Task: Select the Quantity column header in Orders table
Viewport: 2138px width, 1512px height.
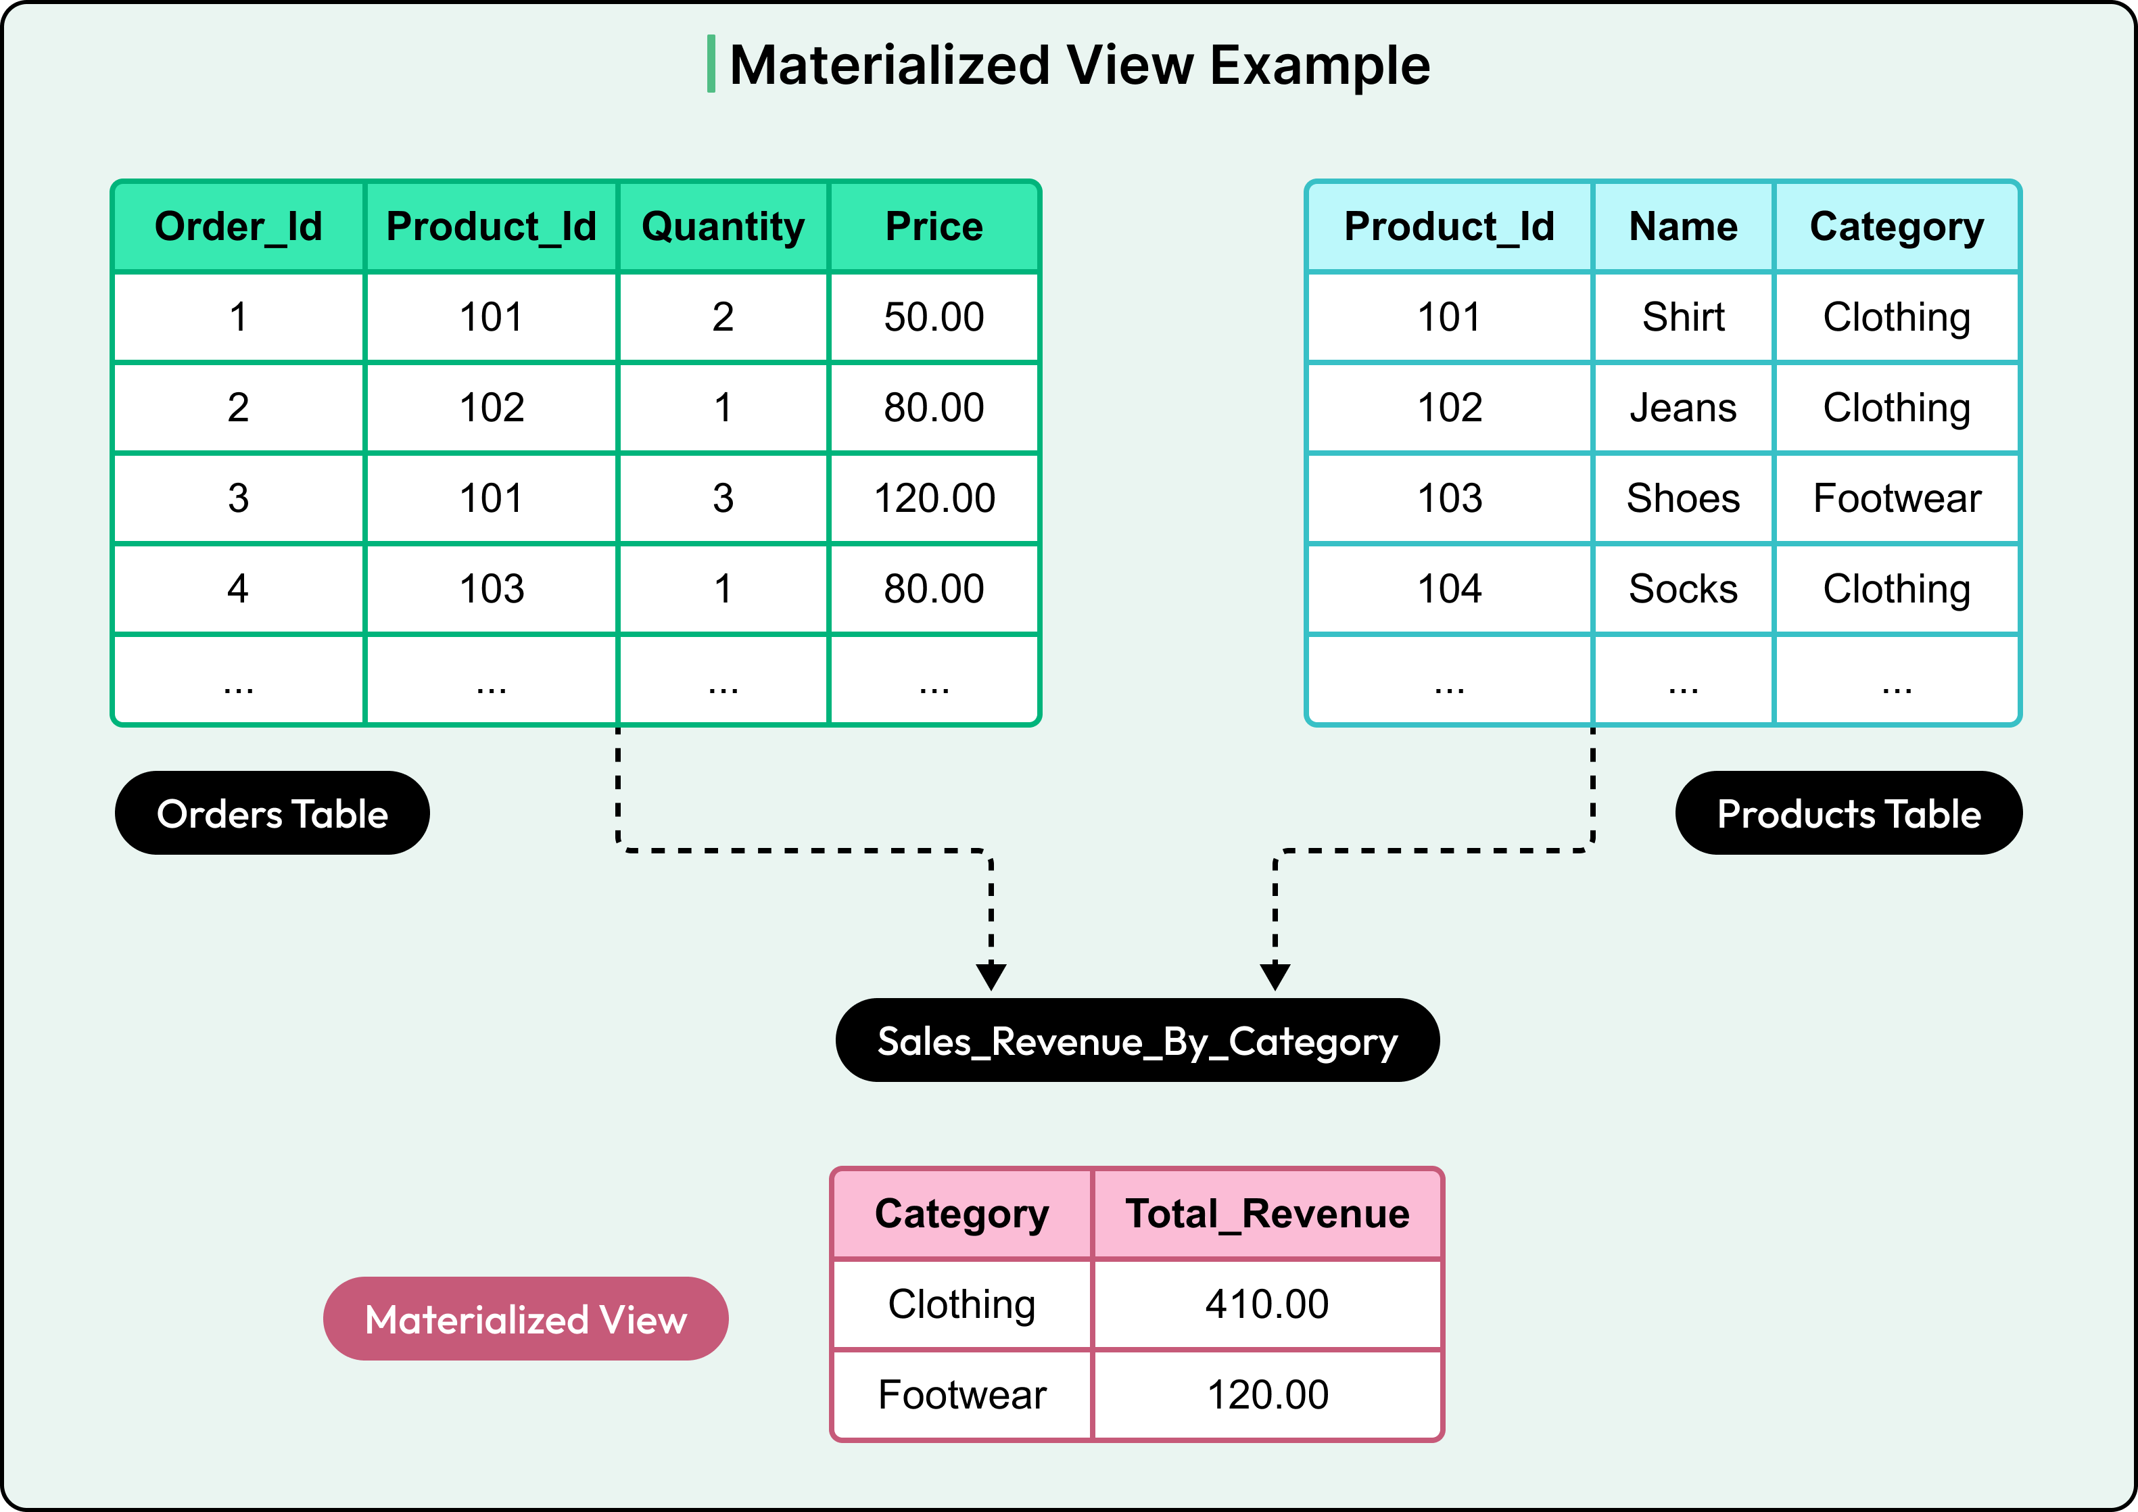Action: point(723,227)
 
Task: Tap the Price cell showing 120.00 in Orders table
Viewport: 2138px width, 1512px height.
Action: point(934,498)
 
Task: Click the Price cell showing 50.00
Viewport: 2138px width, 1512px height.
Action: point(934,316)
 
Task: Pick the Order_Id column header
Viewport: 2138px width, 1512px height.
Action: point(239,227)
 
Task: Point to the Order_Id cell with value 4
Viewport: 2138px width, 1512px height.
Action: point(239,588)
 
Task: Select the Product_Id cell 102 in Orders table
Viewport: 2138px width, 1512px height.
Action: point(492,407)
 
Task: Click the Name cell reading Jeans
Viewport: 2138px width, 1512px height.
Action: point(1683,407)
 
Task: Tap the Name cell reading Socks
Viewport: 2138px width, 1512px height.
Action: point(1683,588)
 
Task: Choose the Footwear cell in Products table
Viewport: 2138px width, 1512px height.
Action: point(1897,498)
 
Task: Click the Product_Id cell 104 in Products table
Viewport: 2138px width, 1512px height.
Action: point(1449,588)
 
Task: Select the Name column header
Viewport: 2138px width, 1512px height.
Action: point(1683,227)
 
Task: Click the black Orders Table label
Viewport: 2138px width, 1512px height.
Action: point(272,813)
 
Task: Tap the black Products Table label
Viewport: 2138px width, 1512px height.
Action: point(1849,813)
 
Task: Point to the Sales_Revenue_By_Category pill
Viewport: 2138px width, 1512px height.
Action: point(1137,1040)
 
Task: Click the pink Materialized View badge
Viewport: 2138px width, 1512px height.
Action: point(525,1319)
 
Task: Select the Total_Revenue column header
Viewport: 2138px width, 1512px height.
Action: point(1267,1213)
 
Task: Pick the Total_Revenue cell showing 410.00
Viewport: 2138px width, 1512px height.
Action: point(1267,1304)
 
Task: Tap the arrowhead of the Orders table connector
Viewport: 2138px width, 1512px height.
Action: point(991,976)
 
